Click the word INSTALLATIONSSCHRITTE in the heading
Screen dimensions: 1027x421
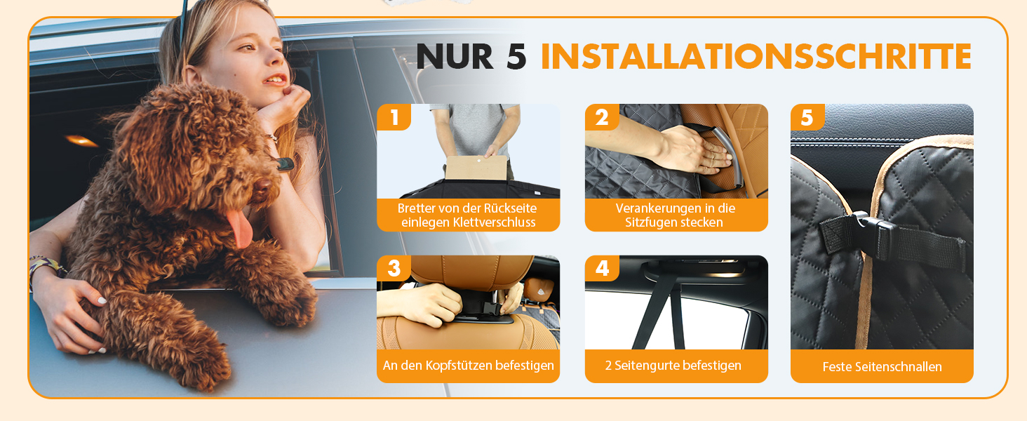point(756,56)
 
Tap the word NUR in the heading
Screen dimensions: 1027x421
point(455,56)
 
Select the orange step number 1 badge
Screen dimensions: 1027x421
point(394,117)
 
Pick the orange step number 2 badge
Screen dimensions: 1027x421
point(602,117)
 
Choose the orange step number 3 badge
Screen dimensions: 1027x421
point(394,268)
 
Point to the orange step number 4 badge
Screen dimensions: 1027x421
point(602,268)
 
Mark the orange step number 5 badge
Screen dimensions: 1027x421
point(807,117)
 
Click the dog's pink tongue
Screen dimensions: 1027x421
point(241,228)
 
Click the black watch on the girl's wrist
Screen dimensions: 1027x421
point(285,163)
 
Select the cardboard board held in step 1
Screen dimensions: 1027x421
point(476,168)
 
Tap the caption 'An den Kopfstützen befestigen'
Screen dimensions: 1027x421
point(468,366)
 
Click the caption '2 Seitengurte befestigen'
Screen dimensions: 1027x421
point(673,366)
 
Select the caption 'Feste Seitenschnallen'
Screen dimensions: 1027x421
point(882,367)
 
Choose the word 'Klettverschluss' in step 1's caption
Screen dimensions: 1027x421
point(495,222)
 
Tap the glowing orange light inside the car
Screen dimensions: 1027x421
point(81,140)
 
